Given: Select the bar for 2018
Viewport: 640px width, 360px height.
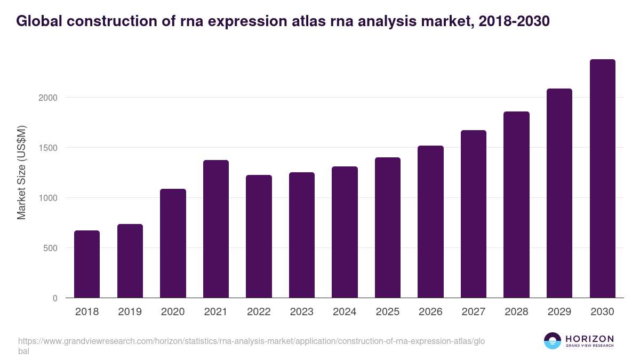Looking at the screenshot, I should pyautogui.click(x=87, y=264).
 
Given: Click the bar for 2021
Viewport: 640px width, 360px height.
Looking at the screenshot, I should pyautogui.click(x=215, y=229).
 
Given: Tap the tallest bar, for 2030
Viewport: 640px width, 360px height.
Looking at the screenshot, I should pyautogui.click(x=602, y=179).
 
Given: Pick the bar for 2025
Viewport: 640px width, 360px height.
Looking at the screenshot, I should pyautogui.click(x=387, y=228).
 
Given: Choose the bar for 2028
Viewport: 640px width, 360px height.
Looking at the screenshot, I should pyautogui.click(x=516, y=205).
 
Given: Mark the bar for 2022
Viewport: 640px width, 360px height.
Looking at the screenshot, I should pyautogui.click(x=259, y=236).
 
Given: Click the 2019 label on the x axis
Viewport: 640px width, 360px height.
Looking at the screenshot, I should pyautogui.click(x=130, y=312).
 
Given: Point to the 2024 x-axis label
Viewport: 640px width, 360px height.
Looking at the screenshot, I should pyautogui.click(x=345, y=312).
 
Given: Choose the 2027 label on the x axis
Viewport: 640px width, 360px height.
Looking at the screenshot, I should pyautogui.click(x=473, y=312).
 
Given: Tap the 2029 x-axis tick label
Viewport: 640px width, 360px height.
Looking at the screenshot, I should pyautogui.click(x=559, y=312).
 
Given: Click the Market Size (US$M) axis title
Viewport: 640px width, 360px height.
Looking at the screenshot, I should pyautogui.click(x=22, y=172).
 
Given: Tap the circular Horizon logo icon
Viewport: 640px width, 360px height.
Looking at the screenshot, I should pyautogui.click(x=553, y=341).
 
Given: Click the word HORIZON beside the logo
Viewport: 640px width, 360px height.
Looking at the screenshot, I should pyautogui.click(x=589, y=338).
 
